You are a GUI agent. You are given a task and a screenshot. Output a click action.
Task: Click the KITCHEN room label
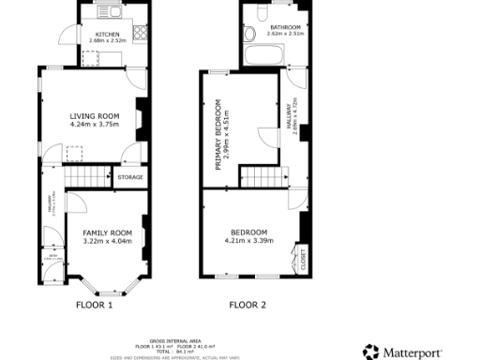pyautogui.click(x=106, y=34)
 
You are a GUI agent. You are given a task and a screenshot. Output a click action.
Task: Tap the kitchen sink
pyautogui.click(x=112, y=12)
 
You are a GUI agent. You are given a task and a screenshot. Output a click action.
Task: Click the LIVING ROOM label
pyautogui.click(x=94, y=116)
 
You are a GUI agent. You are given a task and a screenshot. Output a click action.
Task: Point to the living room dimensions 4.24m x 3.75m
pyautogui.click(x=94, y=125)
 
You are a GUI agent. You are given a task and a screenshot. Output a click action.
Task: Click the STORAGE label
pyautogui.click(x=130, y=176)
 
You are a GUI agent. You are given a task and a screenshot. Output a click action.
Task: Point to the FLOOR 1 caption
pyautogui.click(x=94, y=305)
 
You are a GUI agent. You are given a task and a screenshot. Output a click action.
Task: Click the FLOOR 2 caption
pyautogui.click(x=248, y=305)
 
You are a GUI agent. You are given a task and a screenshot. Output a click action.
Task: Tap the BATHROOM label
pyautogui.click(x=285, y=28)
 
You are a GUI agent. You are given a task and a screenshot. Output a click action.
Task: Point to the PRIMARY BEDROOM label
pyautogui.click(x=217, y=135)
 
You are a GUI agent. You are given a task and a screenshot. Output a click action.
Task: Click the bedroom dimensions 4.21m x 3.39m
pyautogui.click(x=249, y=240)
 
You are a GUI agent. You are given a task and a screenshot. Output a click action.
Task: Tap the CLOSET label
pyautogui.click(x=302, y=257)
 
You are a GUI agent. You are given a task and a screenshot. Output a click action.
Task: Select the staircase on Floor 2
pyautogui.click(x=262, y=176)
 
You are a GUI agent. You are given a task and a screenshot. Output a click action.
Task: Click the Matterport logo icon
pyautogui.click(x=371, y=352)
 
